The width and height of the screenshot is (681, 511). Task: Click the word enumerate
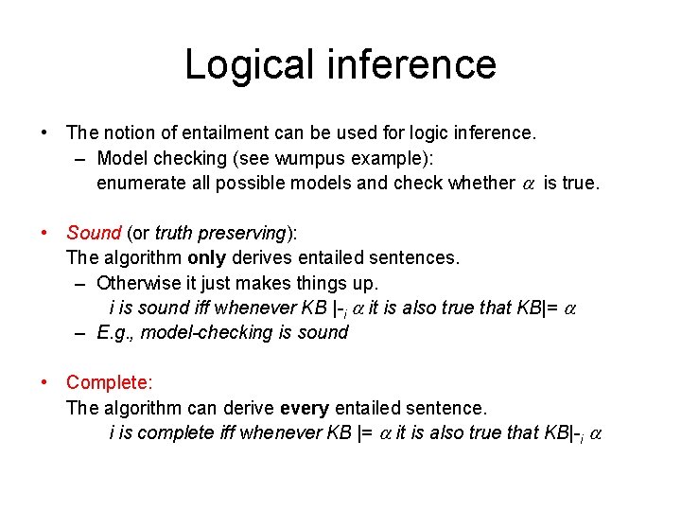142,183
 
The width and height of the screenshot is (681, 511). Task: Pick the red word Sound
94,233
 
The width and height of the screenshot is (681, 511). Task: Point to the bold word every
305,408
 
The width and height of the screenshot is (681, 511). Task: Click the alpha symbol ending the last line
596,433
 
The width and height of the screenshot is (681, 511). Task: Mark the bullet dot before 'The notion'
44,133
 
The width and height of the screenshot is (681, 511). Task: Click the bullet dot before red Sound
44,233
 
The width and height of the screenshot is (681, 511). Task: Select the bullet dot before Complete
44,382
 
